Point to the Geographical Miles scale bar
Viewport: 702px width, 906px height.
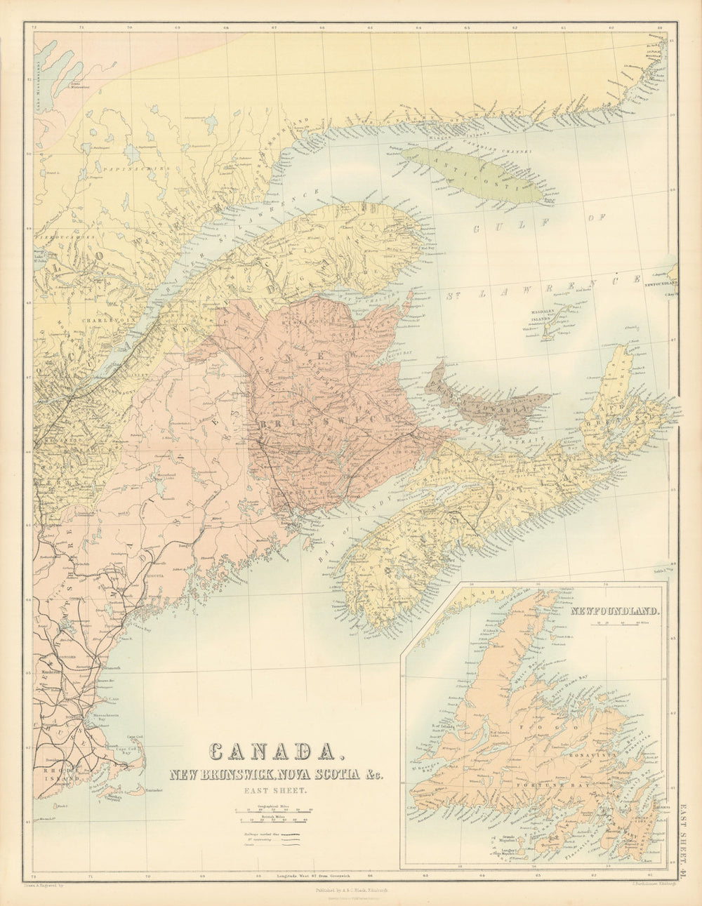pyautogui.click(x=274, y=810)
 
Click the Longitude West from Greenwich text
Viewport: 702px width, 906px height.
pyautogui.click(x=295, y=877)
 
